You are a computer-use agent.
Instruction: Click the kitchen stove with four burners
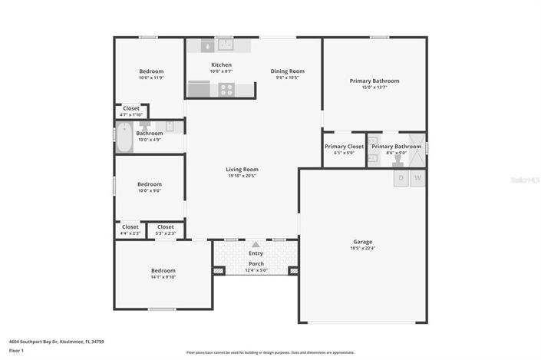click(x=226, y=89)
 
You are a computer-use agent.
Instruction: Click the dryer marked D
click(x=400, y=178)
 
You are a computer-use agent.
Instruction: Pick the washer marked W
click(x=418, y=178)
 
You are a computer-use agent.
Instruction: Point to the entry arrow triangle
click(x=256, y=244)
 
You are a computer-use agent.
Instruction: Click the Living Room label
click(x=242, y=170)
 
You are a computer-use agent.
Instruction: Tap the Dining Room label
click(x=288, y=71)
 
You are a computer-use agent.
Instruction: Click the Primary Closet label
click(x=344, y=147)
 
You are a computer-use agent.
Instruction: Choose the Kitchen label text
click(x=221, y=65)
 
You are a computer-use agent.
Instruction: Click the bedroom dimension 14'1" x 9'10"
click(x=163, y=277)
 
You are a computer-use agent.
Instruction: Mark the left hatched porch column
click(x=219, y=270)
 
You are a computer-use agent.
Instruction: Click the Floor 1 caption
click(x=17, y=351)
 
